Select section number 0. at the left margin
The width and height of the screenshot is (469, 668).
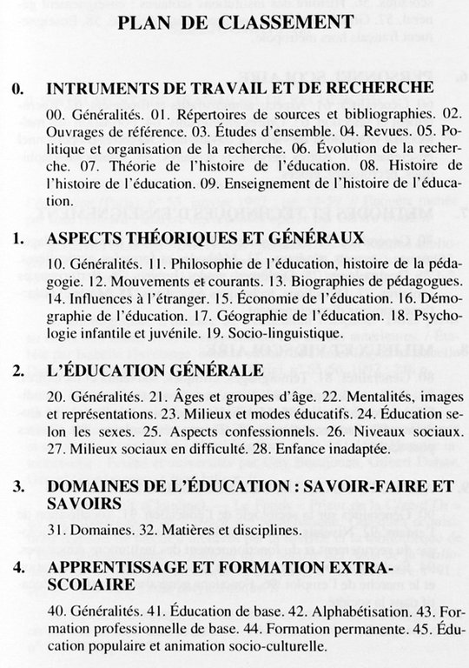pyautogui.click(x=18, y=89)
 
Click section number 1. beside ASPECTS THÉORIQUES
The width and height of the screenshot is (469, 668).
pyautogui.click(x=18, y=237)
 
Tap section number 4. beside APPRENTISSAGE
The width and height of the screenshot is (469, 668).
pyautogui.click(x=18, y=569)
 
